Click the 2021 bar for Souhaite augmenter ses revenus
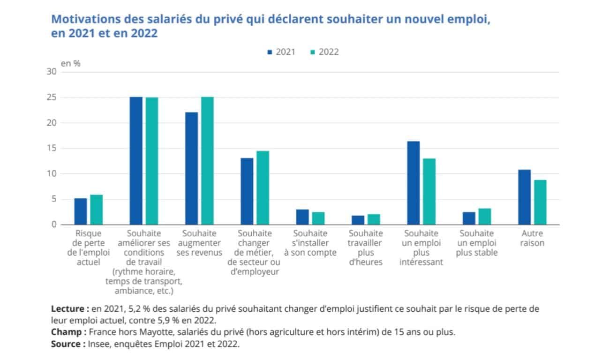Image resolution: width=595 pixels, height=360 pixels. (191, 168)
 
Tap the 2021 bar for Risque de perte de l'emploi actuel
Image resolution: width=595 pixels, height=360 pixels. (81, 211)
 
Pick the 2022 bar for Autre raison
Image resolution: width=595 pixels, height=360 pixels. (540, 202)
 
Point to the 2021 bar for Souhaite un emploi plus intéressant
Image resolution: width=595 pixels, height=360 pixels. (414, 183)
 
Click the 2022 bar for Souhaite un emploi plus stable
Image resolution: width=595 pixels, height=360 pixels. (484, 216)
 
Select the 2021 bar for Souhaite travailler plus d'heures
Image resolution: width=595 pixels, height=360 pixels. (358, 220)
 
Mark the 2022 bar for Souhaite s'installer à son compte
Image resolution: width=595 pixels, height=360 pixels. (318, 218)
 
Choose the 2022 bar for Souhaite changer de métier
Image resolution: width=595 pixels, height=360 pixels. (263, 187)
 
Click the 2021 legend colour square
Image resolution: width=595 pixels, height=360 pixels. (270, 52)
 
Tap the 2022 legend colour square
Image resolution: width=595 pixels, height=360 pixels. (313, 52)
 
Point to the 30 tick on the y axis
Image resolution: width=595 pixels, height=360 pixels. (51, 72)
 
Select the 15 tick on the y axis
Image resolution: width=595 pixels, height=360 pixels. (51, 149)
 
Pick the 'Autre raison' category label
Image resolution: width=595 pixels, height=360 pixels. (532, 238)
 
